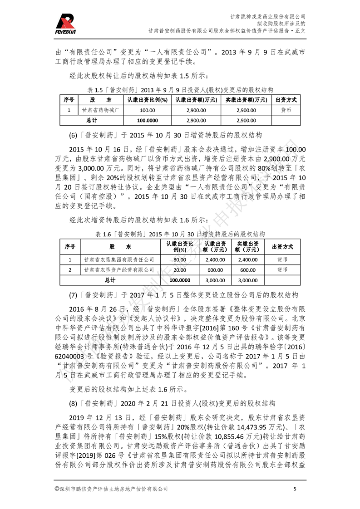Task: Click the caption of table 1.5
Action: point(180,90)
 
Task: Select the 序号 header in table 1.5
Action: point(69,100)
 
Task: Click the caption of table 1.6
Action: point(180,234)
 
